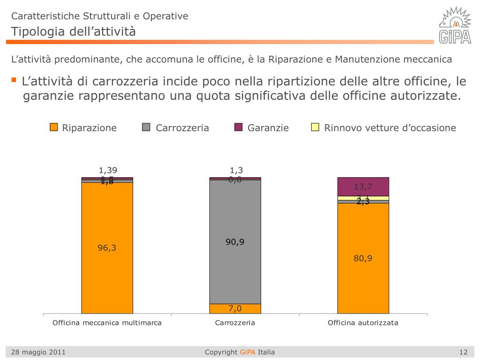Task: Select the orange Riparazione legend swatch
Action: (54, 127)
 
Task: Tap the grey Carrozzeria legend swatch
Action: (146, 127)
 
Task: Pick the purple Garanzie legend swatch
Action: (239, 127)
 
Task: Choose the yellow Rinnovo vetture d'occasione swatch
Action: (315, 127)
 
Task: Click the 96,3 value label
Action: (107, 248)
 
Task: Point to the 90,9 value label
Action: (235, 242)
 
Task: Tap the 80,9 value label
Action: (363, 258)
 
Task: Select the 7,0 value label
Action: (235, 308)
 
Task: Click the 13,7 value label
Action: (363, 187)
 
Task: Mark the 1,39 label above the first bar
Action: (107, 171)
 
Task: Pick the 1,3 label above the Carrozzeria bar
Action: (235, 171)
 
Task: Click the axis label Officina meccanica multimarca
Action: (107, 322)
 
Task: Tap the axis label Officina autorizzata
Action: (363, 322)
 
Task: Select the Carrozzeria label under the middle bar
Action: (235, 322)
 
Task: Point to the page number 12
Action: (464, 352)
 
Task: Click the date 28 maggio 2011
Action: (38, 352)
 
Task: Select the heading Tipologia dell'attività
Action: (73, 31)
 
